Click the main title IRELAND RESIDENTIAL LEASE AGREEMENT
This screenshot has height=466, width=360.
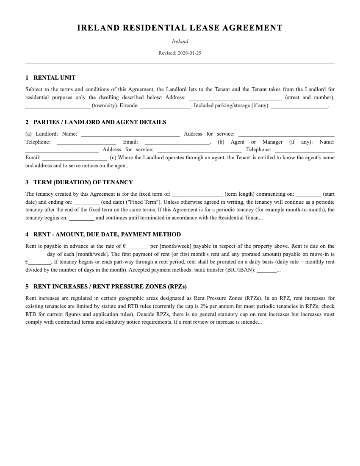(x=180, y=28)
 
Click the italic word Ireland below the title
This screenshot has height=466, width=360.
(x=180, y=42)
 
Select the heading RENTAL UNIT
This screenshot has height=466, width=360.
(x=54, y=78)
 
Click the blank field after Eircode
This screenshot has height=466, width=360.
(x=165, y=105)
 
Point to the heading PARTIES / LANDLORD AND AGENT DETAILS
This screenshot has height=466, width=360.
(x=100, y=122)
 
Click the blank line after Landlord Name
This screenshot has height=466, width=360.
(x=130, y=134)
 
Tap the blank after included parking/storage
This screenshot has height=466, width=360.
(x=299, y=105)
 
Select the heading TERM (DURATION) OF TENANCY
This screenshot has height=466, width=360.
(x=83, y=182)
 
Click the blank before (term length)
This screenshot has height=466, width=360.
(x=197, y=194)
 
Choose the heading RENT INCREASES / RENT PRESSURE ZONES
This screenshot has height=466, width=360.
(x=110, y=286)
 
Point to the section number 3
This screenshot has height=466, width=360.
(x=27, y=182)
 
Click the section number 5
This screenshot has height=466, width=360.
(x=27, y=286)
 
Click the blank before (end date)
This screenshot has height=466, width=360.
(x=86, y=202)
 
